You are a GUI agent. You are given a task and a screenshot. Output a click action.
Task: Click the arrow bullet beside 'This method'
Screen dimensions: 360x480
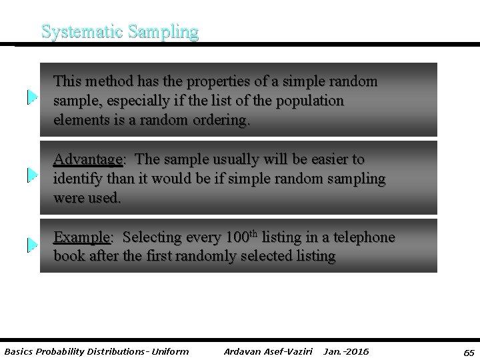click(32, 98)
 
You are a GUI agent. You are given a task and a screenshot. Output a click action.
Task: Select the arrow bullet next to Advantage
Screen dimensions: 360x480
click(32, 175)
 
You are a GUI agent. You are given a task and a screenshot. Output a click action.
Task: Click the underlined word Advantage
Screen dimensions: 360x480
click(88, 160)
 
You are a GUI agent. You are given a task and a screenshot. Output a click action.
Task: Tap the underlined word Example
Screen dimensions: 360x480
click(81, 237)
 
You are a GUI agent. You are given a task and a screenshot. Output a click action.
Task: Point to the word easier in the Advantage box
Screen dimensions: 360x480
click(331, 160)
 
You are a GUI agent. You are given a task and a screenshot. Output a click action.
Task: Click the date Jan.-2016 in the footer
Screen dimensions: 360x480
click(345, 351)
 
